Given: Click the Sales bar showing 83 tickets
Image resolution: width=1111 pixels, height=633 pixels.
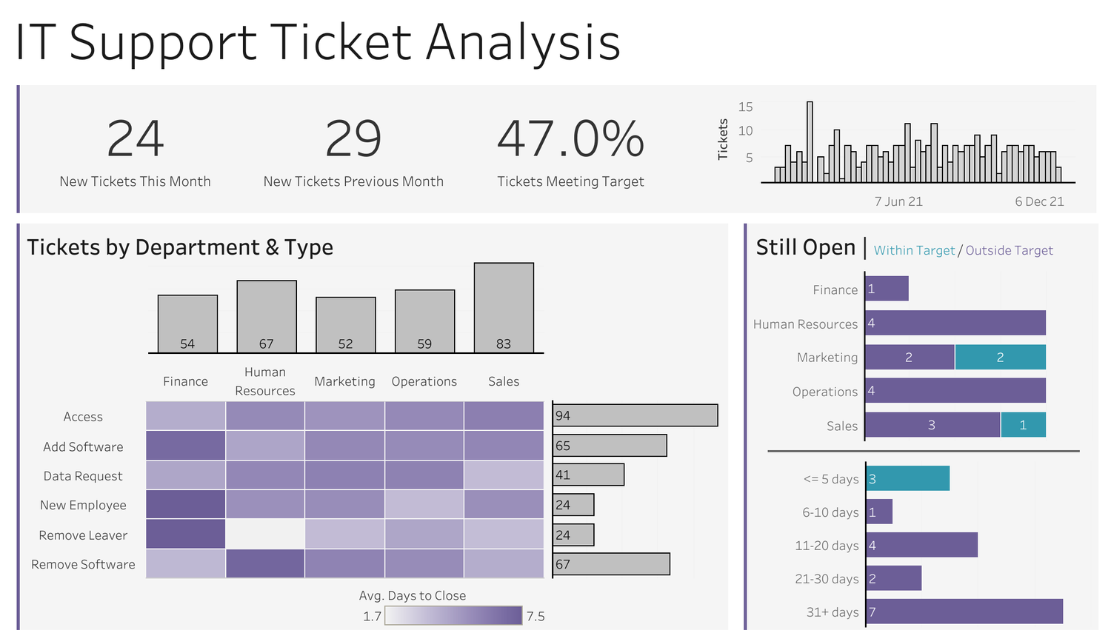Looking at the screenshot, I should click(x=504, y=307).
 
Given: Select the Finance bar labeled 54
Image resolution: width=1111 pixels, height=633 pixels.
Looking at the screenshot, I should click(x=187, y=324).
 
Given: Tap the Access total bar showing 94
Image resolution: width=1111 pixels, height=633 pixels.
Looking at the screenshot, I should click(x=635, y=415).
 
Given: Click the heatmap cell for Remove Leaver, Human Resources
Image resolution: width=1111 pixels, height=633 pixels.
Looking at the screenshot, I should click(x=265, y=534).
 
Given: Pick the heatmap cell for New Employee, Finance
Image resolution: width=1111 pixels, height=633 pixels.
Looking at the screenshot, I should click(x=186, y=504).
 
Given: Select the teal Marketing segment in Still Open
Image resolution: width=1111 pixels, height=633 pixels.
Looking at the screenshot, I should click(x=1000, y=357).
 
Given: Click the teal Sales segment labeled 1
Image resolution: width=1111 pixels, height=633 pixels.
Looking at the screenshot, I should click(x=1023, y=425).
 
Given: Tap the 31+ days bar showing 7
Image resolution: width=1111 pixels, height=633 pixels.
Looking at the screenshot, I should click(x=964, y=612).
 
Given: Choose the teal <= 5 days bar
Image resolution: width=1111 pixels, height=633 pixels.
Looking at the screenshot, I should click(x=908, y=478).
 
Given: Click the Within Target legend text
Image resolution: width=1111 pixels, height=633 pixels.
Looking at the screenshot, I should click(x=914, y=250).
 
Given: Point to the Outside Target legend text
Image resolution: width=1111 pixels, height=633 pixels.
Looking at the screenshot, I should click(x=1009, y=250).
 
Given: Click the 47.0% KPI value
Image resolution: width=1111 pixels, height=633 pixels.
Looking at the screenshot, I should click(x=570, y=139).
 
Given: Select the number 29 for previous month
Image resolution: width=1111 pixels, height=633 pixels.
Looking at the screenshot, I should click(x=353, y=139).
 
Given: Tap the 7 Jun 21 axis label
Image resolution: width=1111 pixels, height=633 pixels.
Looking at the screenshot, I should click(x=898, y=201).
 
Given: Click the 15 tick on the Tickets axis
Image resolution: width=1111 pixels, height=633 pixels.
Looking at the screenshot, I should click(x=745, y=107).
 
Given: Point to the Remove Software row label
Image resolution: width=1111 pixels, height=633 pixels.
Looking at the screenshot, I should click(x=83, y=564).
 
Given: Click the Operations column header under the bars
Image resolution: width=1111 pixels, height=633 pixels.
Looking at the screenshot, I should click(x=424, y=381).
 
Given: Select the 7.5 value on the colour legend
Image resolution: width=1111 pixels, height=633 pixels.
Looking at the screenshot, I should click(x=536, y=616).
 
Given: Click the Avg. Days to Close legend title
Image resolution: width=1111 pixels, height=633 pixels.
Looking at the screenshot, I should click(x=413, y=595).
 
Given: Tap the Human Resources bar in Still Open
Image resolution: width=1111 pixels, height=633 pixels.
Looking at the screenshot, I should click(x=955, y=323).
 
